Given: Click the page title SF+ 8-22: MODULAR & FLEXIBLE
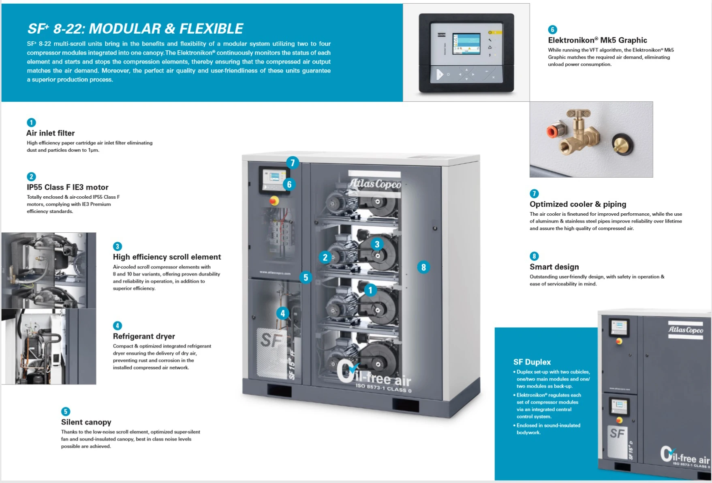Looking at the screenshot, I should (135, 28).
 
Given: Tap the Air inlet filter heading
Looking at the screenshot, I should (51, 133).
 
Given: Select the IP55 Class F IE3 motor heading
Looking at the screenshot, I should (68, 187).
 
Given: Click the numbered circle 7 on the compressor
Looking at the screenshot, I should (293, 163).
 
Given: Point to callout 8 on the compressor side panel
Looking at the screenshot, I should (423, 267).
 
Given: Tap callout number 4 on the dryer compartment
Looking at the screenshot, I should (282, 313).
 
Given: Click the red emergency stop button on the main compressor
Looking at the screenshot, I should (274, 201).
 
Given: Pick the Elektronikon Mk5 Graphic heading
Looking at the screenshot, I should (597, 40).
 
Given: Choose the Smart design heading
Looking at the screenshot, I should (554, 267).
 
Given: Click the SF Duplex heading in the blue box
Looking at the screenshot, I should (532, 362).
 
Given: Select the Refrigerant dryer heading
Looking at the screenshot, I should (144, 336).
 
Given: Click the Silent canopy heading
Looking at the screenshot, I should (86, 422).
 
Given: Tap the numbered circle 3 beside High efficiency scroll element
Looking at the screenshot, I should (117, 246).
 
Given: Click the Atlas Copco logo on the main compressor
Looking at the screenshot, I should (375, 184).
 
